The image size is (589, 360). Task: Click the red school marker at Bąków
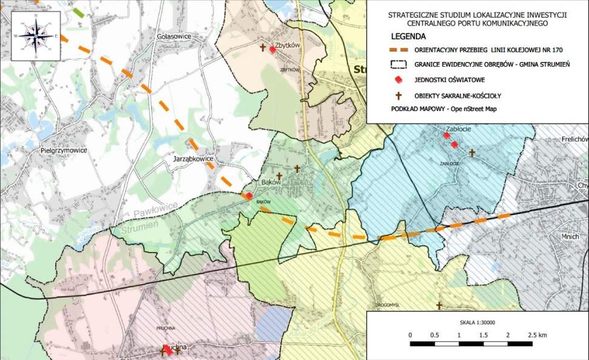coord(248,196)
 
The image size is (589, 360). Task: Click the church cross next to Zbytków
coord(263,47)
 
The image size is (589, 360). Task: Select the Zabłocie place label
coord(458,129)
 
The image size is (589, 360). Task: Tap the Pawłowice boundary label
coord(154,209)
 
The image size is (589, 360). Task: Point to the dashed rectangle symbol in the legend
coord(399,64)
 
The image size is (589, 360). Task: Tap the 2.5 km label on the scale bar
coord(537,335)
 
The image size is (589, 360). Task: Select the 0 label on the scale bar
coord(410,335)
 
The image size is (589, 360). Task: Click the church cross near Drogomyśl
coord(438,306)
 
